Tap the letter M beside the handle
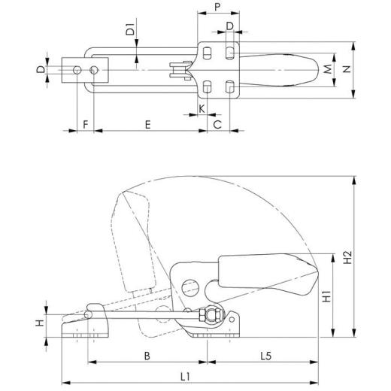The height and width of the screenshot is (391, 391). click(x=328, y=69)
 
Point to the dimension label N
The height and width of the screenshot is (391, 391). click(x=347, y=69)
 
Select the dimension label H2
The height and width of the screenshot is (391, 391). click(x=347, y=258)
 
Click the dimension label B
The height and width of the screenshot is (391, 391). click(x=148, y=354)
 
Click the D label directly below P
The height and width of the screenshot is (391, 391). click(x=229, y=27)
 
